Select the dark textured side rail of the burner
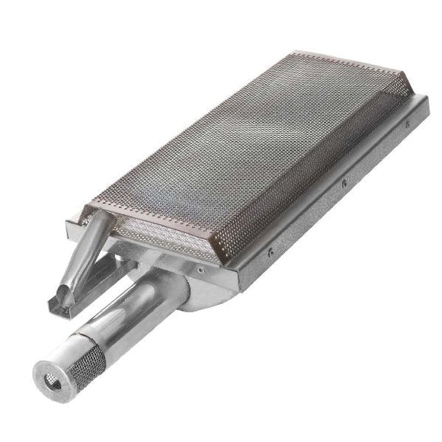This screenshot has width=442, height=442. pyautogui.click(x=335, y=206)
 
